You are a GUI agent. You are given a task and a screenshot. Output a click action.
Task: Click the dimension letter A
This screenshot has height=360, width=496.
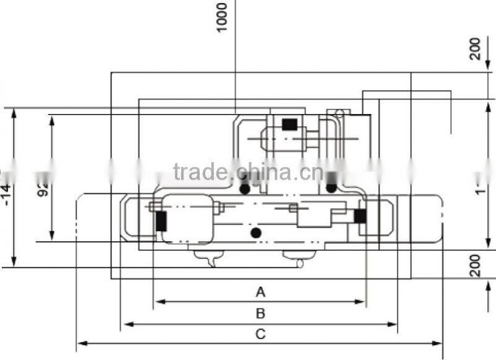coord(260,291)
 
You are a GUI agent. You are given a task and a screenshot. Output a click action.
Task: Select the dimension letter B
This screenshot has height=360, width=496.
coord(260,313)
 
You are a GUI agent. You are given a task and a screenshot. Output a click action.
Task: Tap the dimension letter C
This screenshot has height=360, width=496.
coord(260,334)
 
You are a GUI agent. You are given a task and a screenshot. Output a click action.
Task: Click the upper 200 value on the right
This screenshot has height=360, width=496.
coord(476,48)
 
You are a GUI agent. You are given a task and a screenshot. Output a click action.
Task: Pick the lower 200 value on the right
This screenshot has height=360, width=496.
coord(476,265)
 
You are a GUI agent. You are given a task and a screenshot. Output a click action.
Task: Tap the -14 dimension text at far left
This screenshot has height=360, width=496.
coord(7,186)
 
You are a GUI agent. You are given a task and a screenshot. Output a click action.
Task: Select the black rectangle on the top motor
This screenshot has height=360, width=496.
coord(289,124)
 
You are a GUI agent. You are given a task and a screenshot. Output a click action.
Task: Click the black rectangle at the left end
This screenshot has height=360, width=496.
coord(161,221)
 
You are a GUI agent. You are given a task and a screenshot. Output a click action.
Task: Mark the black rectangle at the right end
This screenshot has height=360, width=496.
coord(360,216)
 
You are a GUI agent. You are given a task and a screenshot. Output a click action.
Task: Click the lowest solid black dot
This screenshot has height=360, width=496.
coord(255,232)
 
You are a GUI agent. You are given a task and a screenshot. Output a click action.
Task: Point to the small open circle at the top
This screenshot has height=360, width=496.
coord(339,113)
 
